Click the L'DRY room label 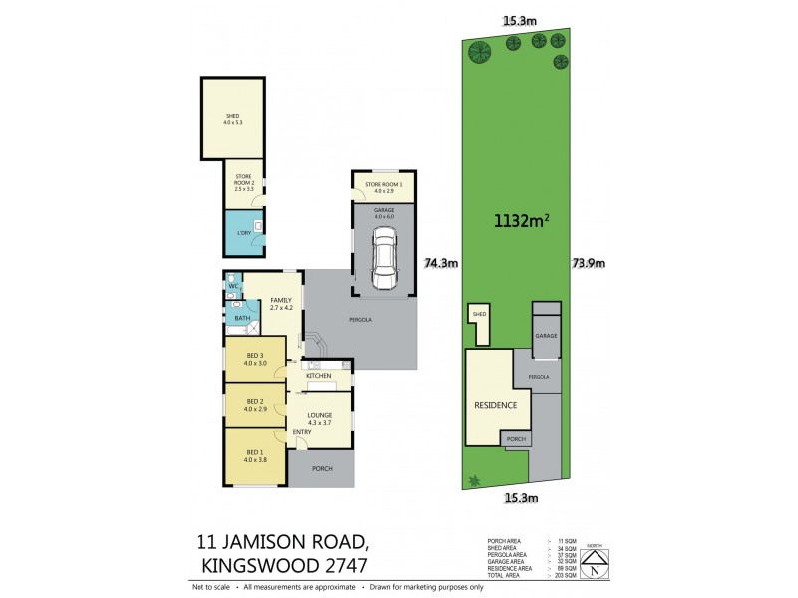pyautogui.click(x=243, y=233)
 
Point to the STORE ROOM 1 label pyautogui.click(x=383, y=184)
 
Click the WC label pyautogui.click(x=233, y=287)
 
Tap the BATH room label pyautogui.click(x=242, y=319)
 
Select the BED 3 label pyautogui.click(x=254, y=357)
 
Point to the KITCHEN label pyautogui.click(x=319, y=376)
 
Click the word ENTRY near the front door pyautogui.click(x=302, y=431)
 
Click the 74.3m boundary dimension pyautogui.click(x=440, y=264)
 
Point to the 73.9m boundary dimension pyautogui.click(x=588, y=264)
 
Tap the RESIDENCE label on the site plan pyautogui.click(x=495, y=405)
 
